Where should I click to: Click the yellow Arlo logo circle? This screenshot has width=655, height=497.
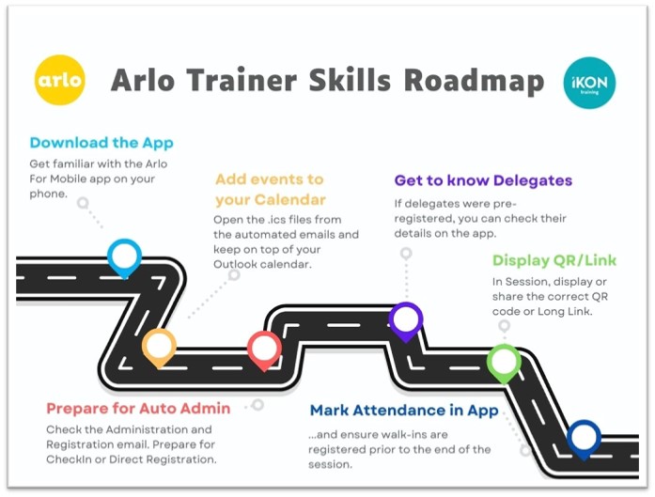pos(60,81)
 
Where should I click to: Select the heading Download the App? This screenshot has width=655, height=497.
pos(101,143)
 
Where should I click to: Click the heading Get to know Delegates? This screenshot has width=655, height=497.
pos(483,179)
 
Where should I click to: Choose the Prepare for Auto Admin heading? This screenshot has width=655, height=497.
pos(138,409)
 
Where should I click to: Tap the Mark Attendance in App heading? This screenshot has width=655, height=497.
pos(405,410)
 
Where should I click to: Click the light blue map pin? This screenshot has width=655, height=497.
pos(124,256)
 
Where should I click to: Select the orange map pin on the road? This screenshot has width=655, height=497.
pos(159,345)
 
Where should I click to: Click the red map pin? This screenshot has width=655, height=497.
pos(264,348)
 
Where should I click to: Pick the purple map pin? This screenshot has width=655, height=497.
pos(406,319)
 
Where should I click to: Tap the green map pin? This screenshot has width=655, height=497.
pos(504,361)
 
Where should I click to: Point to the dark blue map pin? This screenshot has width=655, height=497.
pos(584,437)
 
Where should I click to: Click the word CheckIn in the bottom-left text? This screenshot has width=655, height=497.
pos(72,459)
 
